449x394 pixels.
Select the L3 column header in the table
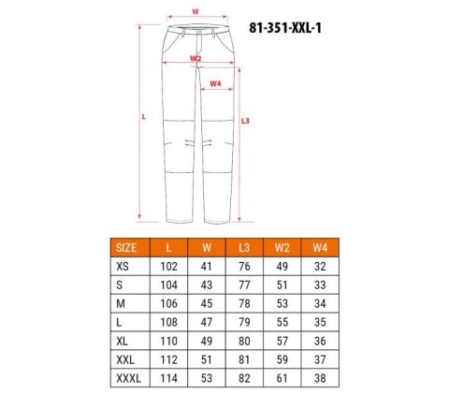(x=243, y=248)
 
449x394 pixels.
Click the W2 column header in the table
(x=281, y=248)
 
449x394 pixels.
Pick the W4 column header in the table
(x=319, y=248)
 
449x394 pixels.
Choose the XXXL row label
(x=123, y=379)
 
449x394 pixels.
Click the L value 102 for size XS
(x=167, y=267)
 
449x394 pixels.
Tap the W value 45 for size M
(x=206, y=304)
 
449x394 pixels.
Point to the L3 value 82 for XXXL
(x=243, y=379)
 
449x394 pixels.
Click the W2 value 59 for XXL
(x=281, y=360)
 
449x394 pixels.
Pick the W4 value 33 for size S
(x=319, y=285)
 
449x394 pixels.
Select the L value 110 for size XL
(x=167, y=342)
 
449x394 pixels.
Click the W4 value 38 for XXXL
(x=319, y=379)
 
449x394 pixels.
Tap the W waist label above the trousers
(x=195, y=11)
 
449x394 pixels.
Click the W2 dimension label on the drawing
(x=195, y=58)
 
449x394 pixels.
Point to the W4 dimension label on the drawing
(x=216, y=83)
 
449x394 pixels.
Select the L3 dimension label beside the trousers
(x=245, y=120)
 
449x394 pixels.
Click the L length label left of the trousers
(x=143, y=117)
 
